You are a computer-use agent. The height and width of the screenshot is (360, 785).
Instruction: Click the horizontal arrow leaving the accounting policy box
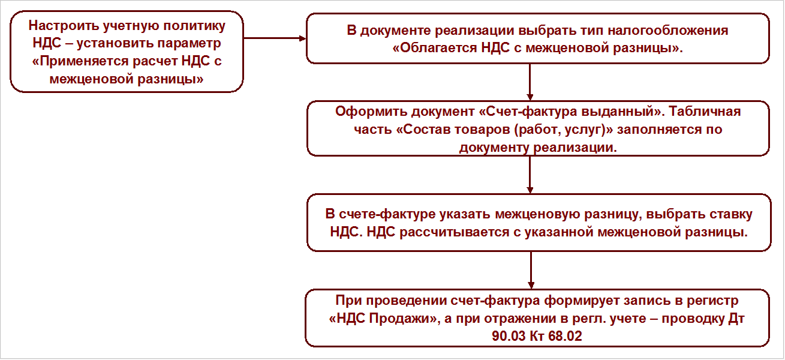click(275, 38)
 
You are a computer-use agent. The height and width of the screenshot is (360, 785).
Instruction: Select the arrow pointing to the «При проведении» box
click(530, 270)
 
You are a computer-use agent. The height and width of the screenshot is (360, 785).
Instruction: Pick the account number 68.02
click(566, 336)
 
